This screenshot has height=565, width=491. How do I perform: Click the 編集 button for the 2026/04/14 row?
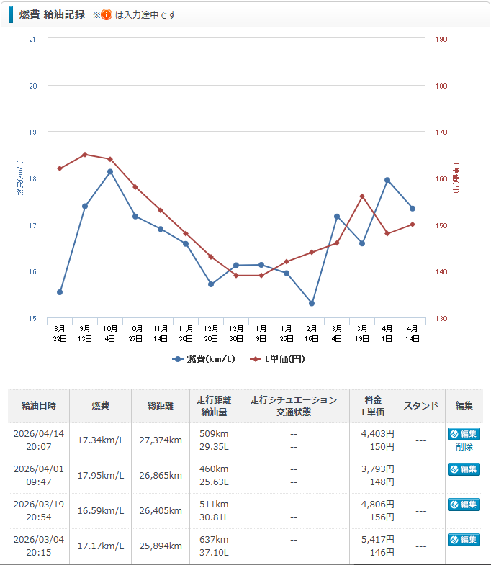tap(464, 434)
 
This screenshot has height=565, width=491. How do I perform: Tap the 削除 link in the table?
tap(464, 447)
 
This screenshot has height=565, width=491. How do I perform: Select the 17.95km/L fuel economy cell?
tap(101, 475)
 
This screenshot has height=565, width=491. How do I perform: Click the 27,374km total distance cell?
tap(160, 440)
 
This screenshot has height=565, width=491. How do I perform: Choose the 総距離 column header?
tap(160, 406)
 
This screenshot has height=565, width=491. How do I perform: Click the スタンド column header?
tap(421, 406)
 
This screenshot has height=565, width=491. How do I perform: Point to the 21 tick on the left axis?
tap(32, 39)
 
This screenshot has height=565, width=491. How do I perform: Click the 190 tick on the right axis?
tap(441, 39)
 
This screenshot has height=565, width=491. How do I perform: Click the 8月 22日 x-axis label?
tap(60, 333)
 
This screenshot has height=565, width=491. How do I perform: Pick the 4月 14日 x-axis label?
tap(413, 333)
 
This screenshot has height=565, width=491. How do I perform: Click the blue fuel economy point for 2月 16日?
tap(312, 303)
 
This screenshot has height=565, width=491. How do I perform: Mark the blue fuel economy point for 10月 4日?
tap(110, 172)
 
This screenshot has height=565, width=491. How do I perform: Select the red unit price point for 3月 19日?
tap(362, 196)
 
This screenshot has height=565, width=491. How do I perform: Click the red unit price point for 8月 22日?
tap(60, 168)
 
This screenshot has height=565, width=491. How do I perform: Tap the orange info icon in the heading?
tap(106, 14)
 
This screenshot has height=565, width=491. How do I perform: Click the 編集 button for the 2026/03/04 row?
tap(464, 540)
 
